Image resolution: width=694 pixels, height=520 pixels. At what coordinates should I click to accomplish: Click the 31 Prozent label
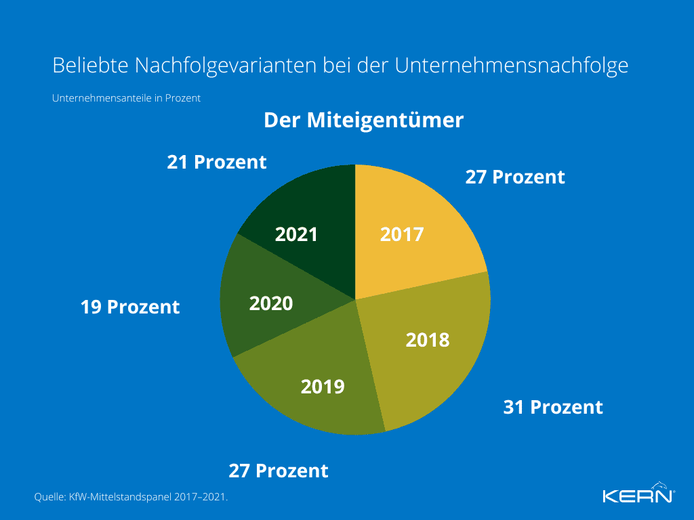(x=552, y=407)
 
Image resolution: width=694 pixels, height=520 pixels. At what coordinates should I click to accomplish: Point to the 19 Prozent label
(x=130, y=307)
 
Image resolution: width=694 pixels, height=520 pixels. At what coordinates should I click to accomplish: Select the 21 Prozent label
(x=217, y=162)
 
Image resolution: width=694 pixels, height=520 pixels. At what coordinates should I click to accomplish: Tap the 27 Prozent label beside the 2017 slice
(x=515, y=177)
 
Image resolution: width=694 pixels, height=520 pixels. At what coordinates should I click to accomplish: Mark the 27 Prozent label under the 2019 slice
(x=278, y=471)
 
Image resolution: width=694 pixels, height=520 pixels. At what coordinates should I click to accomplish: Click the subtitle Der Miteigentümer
(x=363, y=121)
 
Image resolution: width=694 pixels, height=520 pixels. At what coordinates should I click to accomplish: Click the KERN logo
(x=638, y=494)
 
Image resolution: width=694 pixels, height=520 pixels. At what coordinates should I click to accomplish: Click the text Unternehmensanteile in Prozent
(x=126, y=97)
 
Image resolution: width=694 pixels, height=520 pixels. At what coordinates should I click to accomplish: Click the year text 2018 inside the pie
(x=428, y=339)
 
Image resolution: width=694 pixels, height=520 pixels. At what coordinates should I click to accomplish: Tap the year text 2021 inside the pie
(x=296, y=234)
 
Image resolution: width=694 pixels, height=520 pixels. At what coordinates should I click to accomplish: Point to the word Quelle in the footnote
(x=49, y=497)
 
